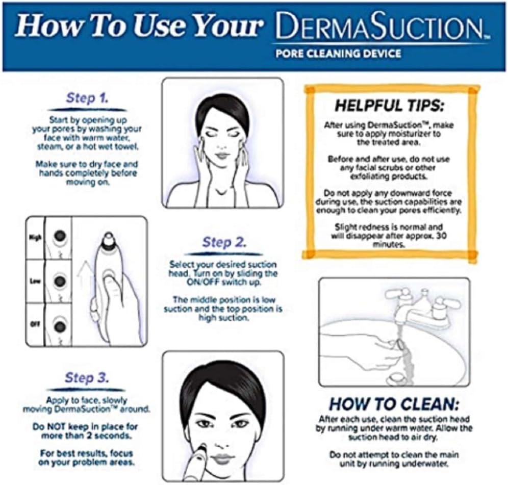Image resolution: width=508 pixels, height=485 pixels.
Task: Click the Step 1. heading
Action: point(87,98)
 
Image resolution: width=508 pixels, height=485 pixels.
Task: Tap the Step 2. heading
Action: point(224,242)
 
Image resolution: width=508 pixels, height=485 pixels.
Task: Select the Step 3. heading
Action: point(86,378)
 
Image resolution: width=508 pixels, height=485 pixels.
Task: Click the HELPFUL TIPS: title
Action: point(390,107)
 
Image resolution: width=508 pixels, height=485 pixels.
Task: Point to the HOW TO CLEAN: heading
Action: point(394,404)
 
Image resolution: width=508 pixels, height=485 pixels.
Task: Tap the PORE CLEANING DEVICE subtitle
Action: point(338,53)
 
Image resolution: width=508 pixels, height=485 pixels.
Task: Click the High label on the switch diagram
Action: point(35,237)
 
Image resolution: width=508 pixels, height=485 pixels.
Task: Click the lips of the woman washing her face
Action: point(222,155)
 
